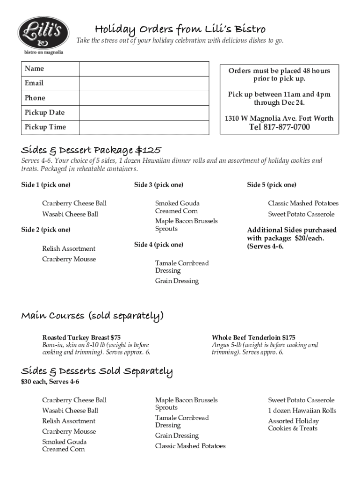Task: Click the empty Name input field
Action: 144,69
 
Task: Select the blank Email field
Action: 144,83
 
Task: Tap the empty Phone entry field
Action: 144,98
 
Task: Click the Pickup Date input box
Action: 144,113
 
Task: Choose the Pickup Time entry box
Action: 144,127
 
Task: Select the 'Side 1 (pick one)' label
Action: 46,185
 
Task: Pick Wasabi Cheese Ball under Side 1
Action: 70,214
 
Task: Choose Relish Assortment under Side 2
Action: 69,248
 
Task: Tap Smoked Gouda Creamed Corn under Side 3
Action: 177,207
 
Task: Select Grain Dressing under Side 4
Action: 177,281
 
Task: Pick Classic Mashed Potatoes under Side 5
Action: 303,203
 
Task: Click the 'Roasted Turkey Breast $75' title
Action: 81,337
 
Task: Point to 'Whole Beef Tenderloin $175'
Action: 253,337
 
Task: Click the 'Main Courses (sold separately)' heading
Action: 92,317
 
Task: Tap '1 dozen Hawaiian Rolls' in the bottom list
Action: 302,410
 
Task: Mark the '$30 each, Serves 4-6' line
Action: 50,382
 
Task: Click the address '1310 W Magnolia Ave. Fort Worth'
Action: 279,118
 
